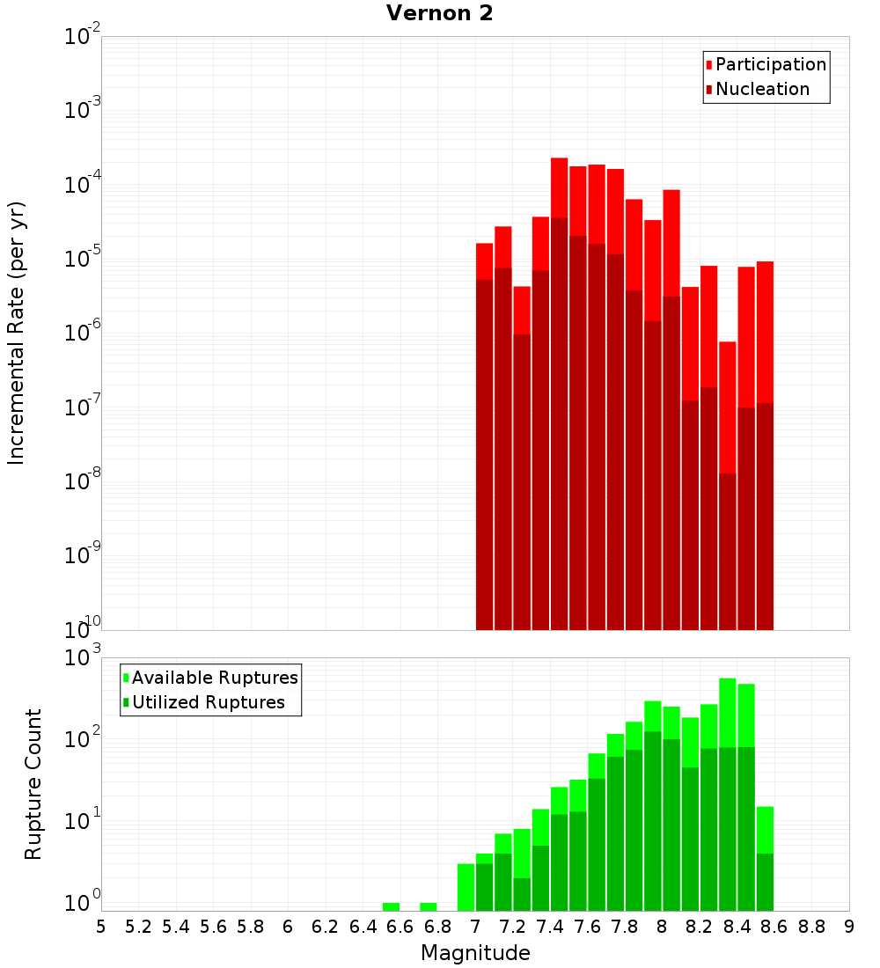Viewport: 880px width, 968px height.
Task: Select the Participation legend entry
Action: click(x=771, y=64)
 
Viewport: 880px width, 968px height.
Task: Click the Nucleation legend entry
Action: click(x=762, y=89)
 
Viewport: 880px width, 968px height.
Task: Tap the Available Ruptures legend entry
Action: click(x=215, y=678)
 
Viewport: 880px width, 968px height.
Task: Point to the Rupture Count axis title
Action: click(x=33, y=784)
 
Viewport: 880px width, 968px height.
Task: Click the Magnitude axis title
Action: click(x=475, y=952)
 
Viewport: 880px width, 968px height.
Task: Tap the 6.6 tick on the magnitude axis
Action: click(x=400, y=926)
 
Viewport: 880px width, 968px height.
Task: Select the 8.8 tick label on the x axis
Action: click(x=811, y=926)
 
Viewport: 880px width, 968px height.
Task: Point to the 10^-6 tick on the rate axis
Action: click(x=83, y=333)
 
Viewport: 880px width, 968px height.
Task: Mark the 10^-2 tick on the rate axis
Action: click(x=83, y=36)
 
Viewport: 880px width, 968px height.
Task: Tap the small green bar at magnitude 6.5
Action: click(x=391, y=906)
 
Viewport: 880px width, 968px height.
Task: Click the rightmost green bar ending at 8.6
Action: click(x=765, y=858)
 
